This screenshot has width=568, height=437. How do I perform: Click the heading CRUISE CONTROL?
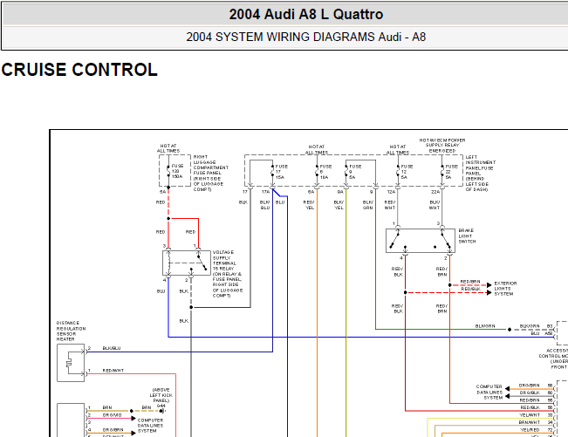[x=80, y=71]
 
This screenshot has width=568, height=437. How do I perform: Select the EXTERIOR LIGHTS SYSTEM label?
[x=506, y=288]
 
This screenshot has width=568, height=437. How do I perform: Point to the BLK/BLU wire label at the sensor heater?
[x=112, y=349]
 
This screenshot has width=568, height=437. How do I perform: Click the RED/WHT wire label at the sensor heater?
[x=113, y=372]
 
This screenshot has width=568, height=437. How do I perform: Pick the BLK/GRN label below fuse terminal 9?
[x=367, y=205]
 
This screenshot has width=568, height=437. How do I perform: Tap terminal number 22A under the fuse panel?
[x=434, y=190]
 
